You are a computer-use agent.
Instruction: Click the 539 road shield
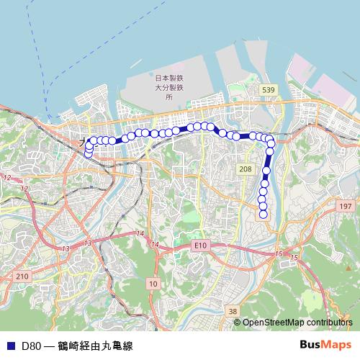point(269,89)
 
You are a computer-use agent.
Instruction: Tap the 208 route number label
point(246,168)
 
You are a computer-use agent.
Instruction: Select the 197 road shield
point(345,206)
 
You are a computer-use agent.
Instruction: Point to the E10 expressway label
point(199,246)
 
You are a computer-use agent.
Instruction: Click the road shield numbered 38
point(231,311)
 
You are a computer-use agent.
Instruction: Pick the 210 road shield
point(22,276)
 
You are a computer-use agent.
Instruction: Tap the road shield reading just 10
point(153,284)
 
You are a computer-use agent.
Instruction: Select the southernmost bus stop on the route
point(263,214)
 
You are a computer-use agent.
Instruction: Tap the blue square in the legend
point(9,346)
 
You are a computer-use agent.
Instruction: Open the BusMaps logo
point(325,345)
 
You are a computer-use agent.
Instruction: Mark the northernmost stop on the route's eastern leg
point(270,139)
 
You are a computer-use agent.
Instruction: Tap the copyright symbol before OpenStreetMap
point(238,323)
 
